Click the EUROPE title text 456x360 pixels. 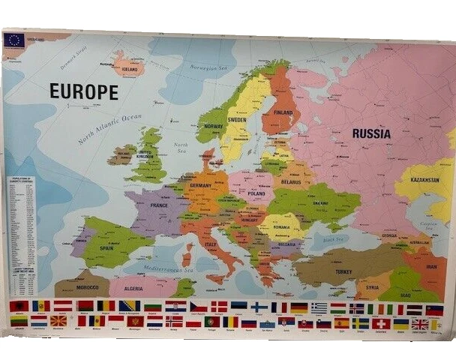(83, 91)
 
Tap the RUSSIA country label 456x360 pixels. (371, 134)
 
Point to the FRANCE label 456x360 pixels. (159, 205)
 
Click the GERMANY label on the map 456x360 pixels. (201, 185)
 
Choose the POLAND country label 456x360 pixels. (256, 193)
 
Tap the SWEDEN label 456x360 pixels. (237, 120)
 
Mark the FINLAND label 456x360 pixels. (283, 113)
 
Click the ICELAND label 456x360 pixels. (130, 65)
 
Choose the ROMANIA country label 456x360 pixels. (286, 226)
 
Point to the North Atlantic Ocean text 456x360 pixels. (109, 129)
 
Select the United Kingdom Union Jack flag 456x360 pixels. (419, 324)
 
